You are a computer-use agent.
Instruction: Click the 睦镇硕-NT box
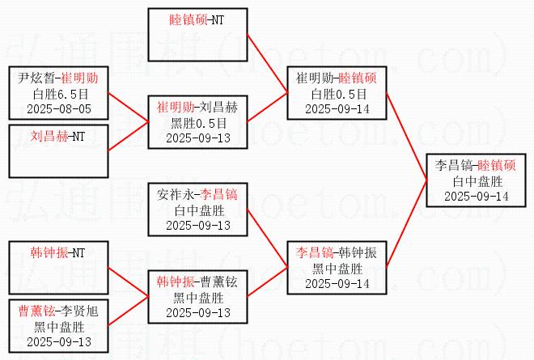[x=198, y=35]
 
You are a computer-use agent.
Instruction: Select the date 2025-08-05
[x=58, y=108]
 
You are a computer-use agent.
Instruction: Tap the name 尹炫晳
[x=35, y=78]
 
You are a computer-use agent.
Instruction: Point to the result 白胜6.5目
[x=58, y=93]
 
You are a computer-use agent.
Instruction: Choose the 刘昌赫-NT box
[x=58, y=150]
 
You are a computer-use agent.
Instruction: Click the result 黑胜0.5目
[x=198, y=122]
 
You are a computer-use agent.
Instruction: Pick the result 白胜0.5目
[x=338, y=94]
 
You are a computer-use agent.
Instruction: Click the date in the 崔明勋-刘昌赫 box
[x=198, y=138]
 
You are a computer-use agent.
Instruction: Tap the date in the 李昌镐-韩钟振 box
[x=338, y=283]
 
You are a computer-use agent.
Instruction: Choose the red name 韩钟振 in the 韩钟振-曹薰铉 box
[x=175, y=282]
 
